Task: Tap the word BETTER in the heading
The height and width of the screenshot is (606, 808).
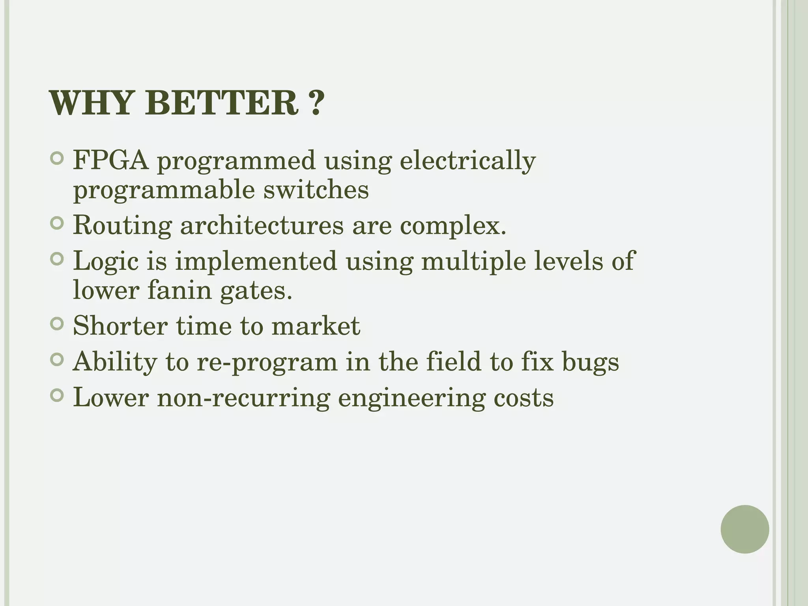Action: click(x=224, y=103)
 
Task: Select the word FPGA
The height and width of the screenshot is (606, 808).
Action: click(x=111, y=161)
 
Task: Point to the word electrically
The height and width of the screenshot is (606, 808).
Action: click(x=468, y=161)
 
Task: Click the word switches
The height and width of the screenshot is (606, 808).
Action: click(x=316, y=190)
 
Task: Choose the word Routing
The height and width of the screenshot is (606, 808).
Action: click(x=122, y=226)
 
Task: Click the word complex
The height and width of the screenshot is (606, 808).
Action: click(x=453, y=226)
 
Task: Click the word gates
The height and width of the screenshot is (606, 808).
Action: click(x=256, y=291)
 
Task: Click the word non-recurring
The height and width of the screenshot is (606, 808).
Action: click(x=243, y=398)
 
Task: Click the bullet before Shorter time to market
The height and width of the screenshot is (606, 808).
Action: click(x=58, y=324)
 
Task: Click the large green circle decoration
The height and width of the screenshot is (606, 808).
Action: click(x=744, y=529)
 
